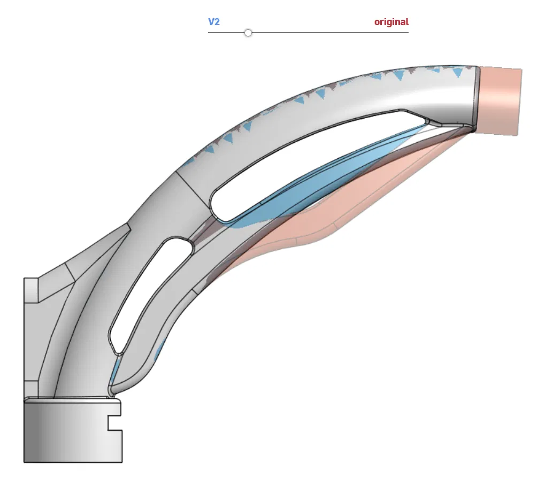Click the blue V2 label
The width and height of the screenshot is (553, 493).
click(214, 22)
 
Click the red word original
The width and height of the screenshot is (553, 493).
click(391, 22)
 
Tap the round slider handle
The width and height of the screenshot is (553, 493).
click(248, 33)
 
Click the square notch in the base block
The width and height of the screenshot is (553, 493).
click(115, 423)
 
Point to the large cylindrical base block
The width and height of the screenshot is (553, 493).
click(73, 430)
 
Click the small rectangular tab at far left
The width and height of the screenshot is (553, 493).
click(31, 290)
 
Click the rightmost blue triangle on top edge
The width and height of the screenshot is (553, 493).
click(458, 73)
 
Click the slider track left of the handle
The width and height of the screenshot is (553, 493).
click(226, 33)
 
